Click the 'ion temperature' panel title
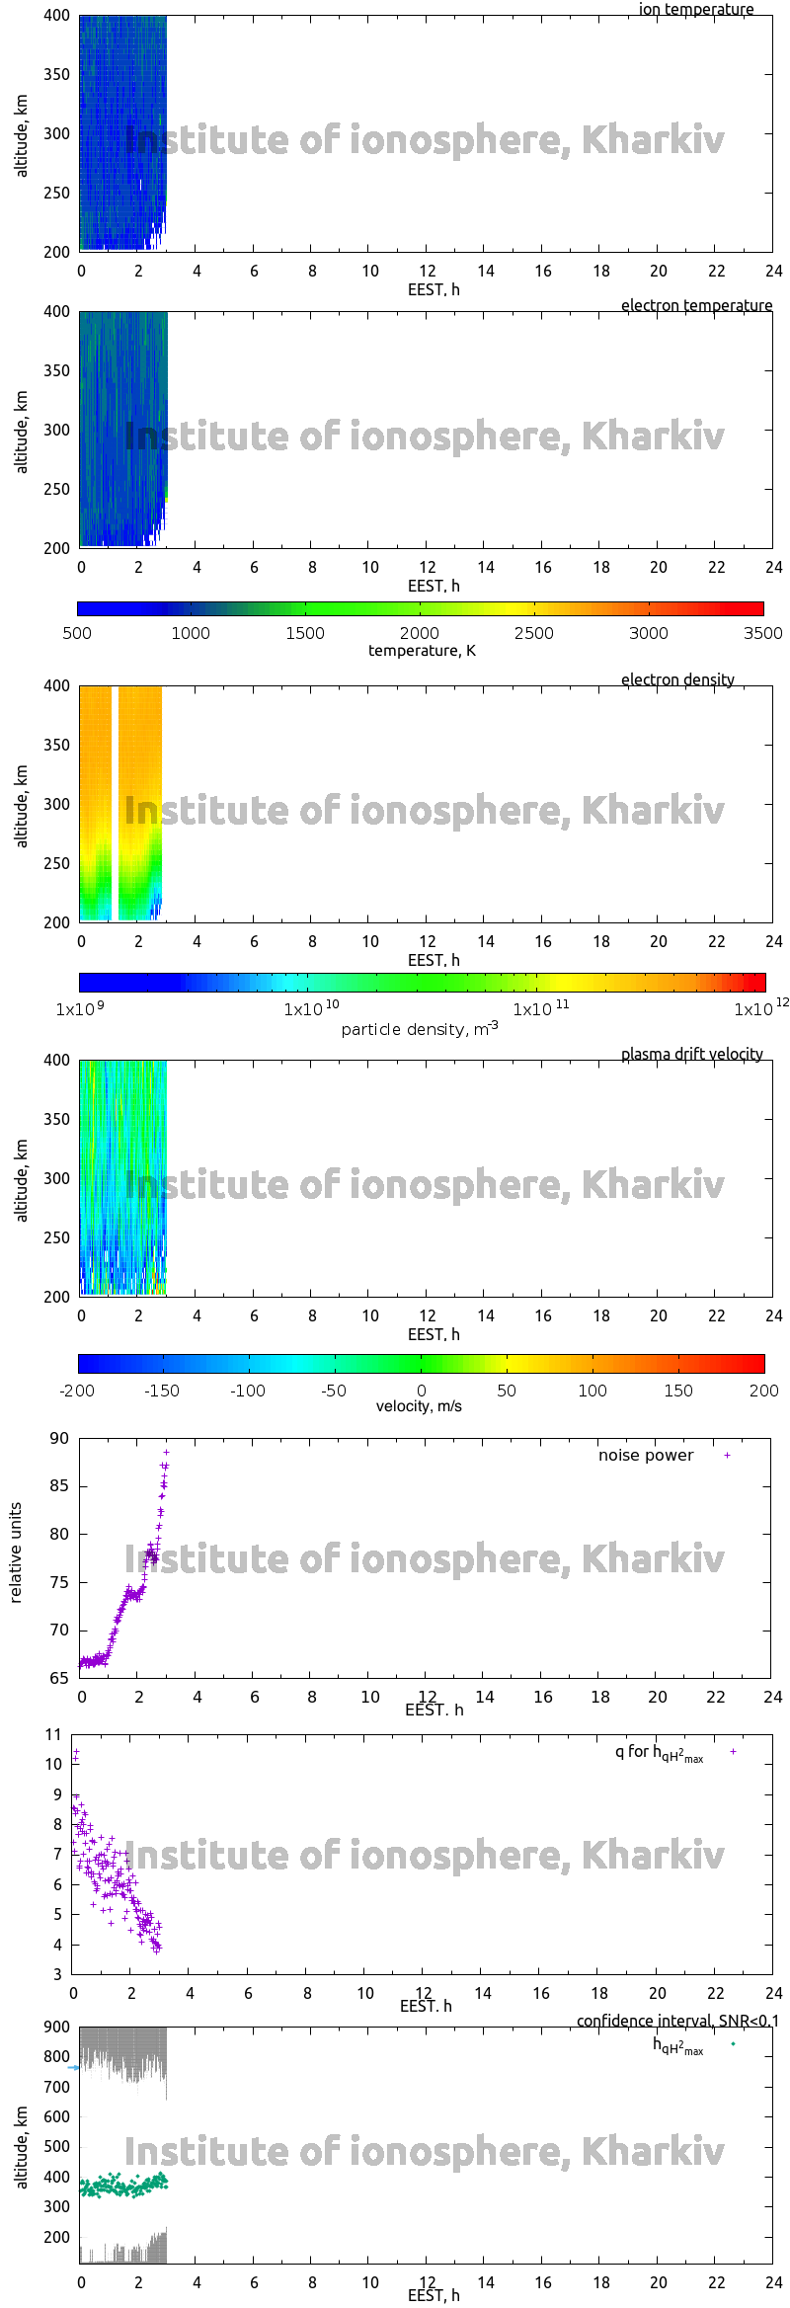(x=695, y=9)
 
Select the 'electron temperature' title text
(x=696, y=305)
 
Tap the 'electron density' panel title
(x=677, y=679)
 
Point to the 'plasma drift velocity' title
(x=691, y=1054)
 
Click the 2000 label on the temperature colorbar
(x=420, y=633)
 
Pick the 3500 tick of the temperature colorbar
(x=762, y=633)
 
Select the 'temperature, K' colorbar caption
(x=422, y=650)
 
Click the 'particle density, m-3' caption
(x=420, y=1029)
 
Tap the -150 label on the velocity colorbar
(x=162, y=1391)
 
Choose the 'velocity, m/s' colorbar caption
(x=419, y=1405)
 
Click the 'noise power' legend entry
(x=646, y=1455)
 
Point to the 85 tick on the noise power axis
(x=59, y=1485)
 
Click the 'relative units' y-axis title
(x=15, y=1552)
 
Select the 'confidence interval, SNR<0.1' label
(x=677, y=2021)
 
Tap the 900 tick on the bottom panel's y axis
(x=57, y=2027)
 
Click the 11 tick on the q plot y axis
(x=53, y=1734)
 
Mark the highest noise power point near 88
(x=166, y=1452)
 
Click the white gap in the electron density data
(x=115, y=802)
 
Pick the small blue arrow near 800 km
(x=73, y=2067)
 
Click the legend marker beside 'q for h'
(x=733, y=1751)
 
